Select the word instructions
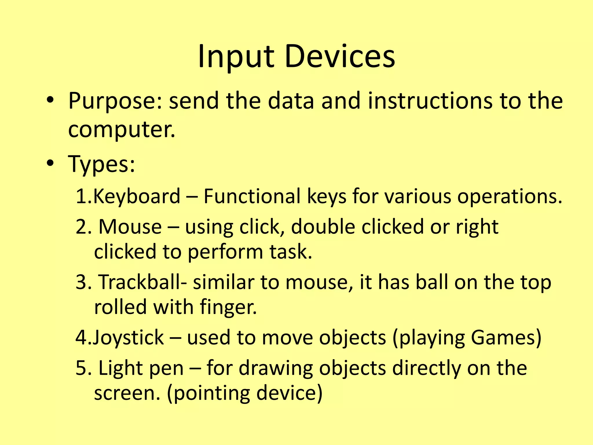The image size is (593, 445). coord(430,101)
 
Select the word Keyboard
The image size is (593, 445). coord(136,196)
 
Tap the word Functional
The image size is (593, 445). coord(252,196)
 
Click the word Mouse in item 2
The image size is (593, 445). coord(130,227)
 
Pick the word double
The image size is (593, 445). coord(323,227)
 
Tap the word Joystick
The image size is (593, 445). coord(128,338)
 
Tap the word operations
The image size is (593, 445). coord(509,196)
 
